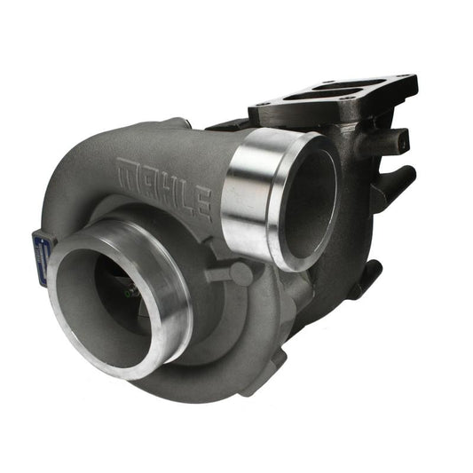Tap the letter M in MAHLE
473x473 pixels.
pyautogui.click(x=128, y=168)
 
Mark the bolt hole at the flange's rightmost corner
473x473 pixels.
pyautogui.click(x=406, y=83)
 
